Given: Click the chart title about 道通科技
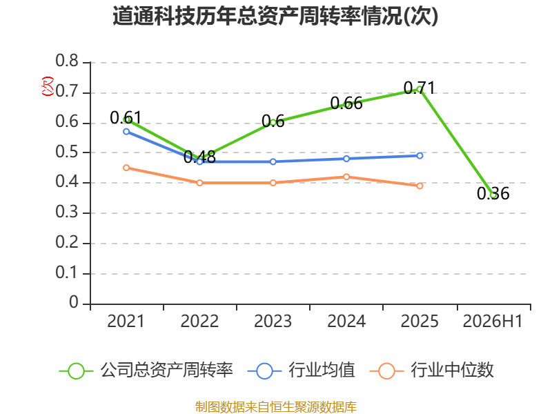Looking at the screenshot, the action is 275,16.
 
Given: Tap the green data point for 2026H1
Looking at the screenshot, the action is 493,195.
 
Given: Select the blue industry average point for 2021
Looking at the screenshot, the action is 126,132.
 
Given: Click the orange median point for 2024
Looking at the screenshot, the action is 346,177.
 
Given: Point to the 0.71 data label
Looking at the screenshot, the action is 420,88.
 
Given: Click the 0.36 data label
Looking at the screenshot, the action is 493,193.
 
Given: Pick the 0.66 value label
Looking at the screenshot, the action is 346,103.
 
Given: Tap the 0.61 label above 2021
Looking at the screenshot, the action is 126,117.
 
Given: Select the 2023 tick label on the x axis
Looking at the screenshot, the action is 273,321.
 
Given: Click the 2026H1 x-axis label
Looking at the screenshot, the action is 493,321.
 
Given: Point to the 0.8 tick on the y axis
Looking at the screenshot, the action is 67,61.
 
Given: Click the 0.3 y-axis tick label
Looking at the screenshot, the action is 67,212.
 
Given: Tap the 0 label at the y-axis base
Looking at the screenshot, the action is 74,302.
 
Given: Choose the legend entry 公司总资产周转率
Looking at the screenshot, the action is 146,371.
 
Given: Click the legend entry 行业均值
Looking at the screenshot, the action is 302,371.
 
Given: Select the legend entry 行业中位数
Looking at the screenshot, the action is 432,371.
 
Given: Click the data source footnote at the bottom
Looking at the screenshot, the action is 275,407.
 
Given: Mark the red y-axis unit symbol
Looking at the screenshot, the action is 48,86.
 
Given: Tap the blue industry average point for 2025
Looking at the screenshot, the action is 420,156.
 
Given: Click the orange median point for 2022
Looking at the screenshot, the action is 199,183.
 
